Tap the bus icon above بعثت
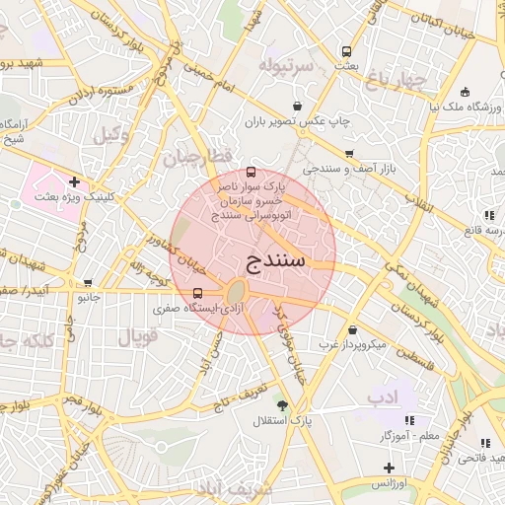(x=346, y=51)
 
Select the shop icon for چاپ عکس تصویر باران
(x=298, y=107)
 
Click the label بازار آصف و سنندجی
(x=348, y=170)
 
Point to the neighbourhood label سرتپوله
(x=285, y=66)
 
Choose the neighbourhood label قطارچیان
(x=196, y=157)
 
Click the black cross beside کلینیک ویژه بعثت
(x=75, y=182)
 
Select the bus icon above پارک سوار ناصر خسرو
(x=250, y=172)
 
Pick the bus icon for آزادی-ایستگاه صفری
(x=198, y=293)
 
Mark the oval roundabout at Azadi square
(x=236, y=293)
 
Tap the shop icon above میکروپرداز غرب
(x=353, y=330)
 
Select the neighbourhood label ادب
(x=383, y=397)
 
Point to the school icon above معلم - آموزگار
(x=410, y=421)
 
